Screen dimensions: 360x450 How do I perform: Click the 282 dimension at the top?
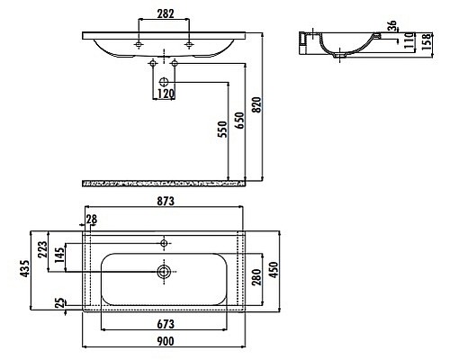164,13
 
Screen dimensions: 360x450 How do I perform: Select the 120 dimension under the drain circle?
165,94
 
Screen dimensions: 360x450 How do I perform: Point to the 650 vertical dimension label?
238,123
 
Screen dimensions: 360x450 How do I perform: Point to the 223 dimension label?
41,249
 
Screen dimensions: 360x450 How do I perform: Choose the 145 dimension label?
59,256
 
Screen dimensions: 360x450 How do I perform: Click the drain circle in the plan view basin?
164,270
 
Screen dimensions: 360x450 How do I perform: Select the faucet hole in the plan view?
164,242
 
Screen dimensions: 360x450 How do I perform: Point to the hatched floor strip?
164,183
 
